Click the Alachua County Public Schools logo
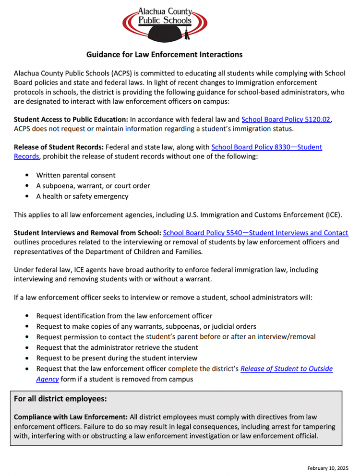165,22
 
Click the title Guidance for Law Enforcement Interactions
164,55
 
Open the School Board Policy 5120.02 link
286,119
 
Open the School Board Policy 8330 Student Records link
266,147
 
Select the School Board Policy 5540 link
255,233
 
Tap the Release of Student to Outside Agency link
286,369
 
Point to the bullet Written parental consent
75,176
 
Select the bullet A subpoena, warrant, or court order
93,186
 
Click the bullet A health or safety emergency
82,196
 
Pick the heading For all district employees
60,399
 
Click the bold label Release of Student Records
58,147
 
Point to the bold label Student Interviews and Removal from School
87,233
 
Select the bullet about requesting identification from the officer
124,316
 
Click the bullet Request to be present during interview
117,358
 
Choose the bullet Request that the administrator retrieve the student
117,347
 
